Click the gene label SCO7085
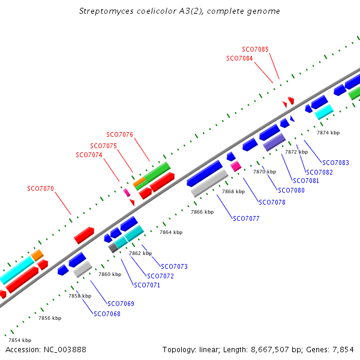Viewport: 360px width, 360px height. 255,49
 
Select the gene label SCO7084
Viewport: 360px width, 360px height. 239,58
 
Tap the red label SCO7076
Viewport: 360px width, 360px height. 119,134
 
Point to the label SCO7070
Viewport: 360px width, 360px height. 40,188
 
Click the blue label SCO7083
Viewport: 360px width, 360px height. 335,163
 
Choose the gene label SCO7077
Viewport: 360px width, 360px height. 246,218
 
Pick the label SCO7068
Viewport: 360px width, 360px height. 107,314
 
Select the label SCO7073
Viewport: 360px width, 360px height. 174,266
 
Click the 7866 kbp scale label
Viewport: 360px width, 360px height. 202,212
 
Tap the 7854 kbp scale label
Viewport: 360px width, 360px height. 20,340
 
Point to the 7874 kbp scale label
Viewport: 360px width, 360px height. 328,133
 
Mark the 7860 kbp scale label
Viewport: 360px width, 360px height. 110,274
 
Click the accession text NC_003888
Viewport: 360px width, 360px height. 65,350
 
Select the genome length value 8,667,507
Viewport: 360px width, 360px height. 270,350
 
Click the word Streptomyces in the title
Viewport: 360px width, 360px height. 106,11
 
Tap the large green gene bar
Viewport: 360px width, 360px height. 157,172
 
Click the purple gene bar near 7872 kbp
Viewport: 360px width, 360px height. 274,142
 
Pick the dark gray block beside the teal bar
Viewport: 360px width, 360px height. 113,248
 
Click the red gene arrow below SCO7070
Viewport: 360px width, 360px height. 84,235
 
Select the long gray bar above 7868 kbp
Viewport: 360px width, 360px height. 209,183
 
